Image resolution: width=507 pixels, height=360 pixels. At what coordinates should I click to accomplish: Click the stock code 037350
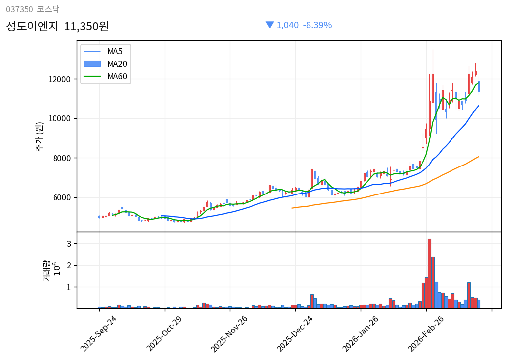(20, 9)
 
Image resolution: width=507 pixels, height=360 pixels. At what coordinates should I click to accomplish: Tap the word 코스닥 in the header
(48, 9)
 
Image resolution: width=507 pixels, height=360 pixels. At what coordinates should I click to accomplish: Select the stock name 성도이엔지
(32, 26)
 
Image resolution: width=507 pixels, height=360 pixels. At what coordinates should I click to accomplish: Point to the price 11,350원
(86, 26)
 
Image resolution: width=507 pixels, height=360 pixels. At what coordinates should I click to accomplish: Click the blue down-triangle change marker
(269, 25)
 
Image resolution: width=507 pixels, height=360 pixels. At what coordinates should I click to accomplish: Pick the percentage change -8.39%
(317, 25)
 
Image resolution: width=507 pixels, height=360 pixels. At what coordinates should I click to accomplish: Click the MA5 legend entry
(115, 51)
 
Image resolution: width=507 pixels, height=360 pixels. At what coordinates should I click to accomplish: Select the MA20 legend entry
(117, 64)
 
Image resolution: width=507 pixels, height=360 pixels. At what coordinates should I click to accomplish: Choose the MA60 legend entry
(117, 77)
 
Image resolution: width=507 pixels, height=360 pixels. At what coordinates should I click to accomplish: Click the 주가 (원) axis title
(39, 136)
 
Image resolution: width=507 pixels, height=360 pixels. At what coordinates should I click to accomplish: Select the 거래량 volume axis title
(46, 270)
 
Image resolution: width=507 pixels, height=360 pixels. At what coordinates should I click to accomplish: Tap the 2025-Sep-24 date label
(98, 333)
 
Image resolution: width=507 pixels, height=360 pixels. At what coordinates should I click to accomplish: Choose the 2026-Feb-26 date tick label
(425, 333)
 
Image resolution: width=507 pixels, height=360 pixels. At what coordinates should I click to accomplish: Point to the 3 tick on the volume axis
(69, 244)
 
